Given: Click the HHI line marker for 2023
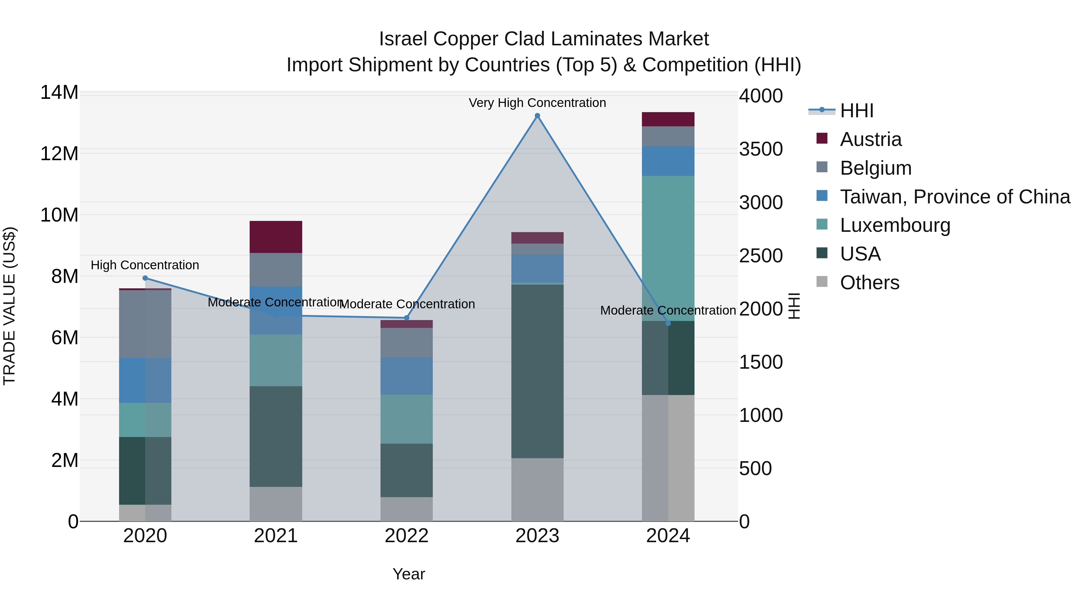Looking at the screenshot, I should click(x=537, y=116).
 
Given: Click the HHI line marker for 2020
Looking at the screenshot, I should click(x=145, y=278).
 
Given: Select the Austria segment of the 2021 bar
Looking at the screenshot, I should click(x=276, y=237).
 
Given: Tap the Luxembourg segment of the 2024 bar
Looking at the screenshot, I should click(x=668, y=248).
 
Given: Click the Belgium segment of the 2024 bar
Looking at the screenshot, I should click(x=668, y=136).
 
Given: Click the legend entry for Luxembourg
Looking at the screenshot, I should click(x=895, y=225).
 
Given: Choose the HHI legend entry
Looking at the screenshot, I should click(x=856, y=111).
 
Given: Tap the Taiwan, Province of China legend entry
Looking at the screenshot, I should click(x=954, y=197).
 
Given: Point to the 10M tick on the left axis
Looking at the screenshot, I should click(x=59, y=215).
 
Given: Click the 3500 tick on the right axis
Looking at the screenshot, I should click(x=761, y=149).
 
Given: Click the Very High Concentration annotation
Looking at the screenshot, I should click(x=537, y=103).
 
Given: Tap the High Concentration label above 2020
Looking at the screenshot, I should click(x=145, y=265).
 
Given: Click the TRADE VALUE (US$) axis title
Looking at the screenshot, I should click(x=10, y=306).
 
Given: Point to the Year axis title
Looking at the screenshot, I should click(x=408, y=574).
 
